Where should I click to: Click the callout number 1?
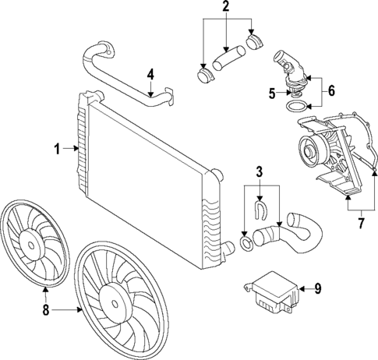[56, 146]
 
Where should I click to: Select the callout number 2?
[226, 8]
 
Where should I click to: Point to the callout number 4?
[151, 76]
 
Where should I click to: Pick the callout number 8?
[45, 309]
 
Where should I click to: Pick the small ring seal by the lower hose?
[246, 245]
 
